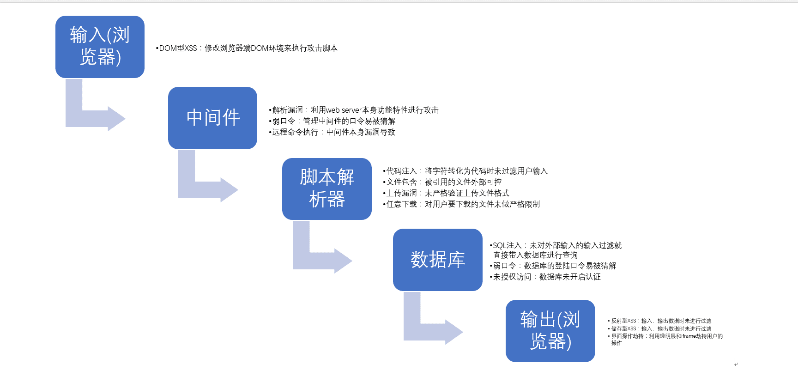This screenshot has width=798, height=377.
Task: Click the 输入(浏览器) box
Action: [100, 47]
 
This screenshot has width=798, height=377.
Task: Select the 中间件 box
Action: [212, 118]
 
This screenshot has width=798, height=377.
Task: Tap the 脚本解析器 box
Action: [327, 189]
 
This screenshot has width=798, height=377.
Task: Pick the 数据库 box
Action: [438, 260]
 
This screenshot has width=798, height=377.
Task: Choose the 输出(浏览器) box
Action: [550, 331]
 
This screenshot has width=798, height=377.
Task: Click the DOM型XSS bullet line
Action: [247, 48]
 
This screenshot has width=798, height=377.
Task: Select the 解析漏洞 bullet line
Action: [354, 110]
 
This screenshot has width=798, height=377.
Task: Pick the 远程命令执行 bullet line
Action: [332, 132]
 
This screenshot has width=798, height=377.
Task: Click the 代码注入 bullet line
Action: [465, 171]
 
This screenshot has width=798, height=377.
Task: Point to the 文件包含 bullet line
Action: [442, 182]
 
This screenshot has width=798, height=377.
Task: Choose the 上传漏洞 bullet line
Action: [446, 193]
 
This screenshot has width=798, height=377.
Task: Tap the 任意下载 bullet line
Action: [461, 204]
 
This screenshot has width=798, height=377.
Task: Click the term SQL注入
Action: [507, 245]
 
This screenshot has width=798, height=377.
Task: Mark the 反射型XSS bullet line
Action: [659, 321]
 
